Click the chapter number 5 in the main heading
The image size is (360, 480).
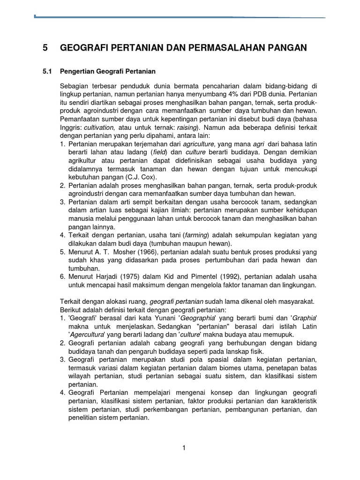[x=45, y=47]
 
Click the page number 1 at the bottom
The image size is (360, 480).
[x=184, y=448]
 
